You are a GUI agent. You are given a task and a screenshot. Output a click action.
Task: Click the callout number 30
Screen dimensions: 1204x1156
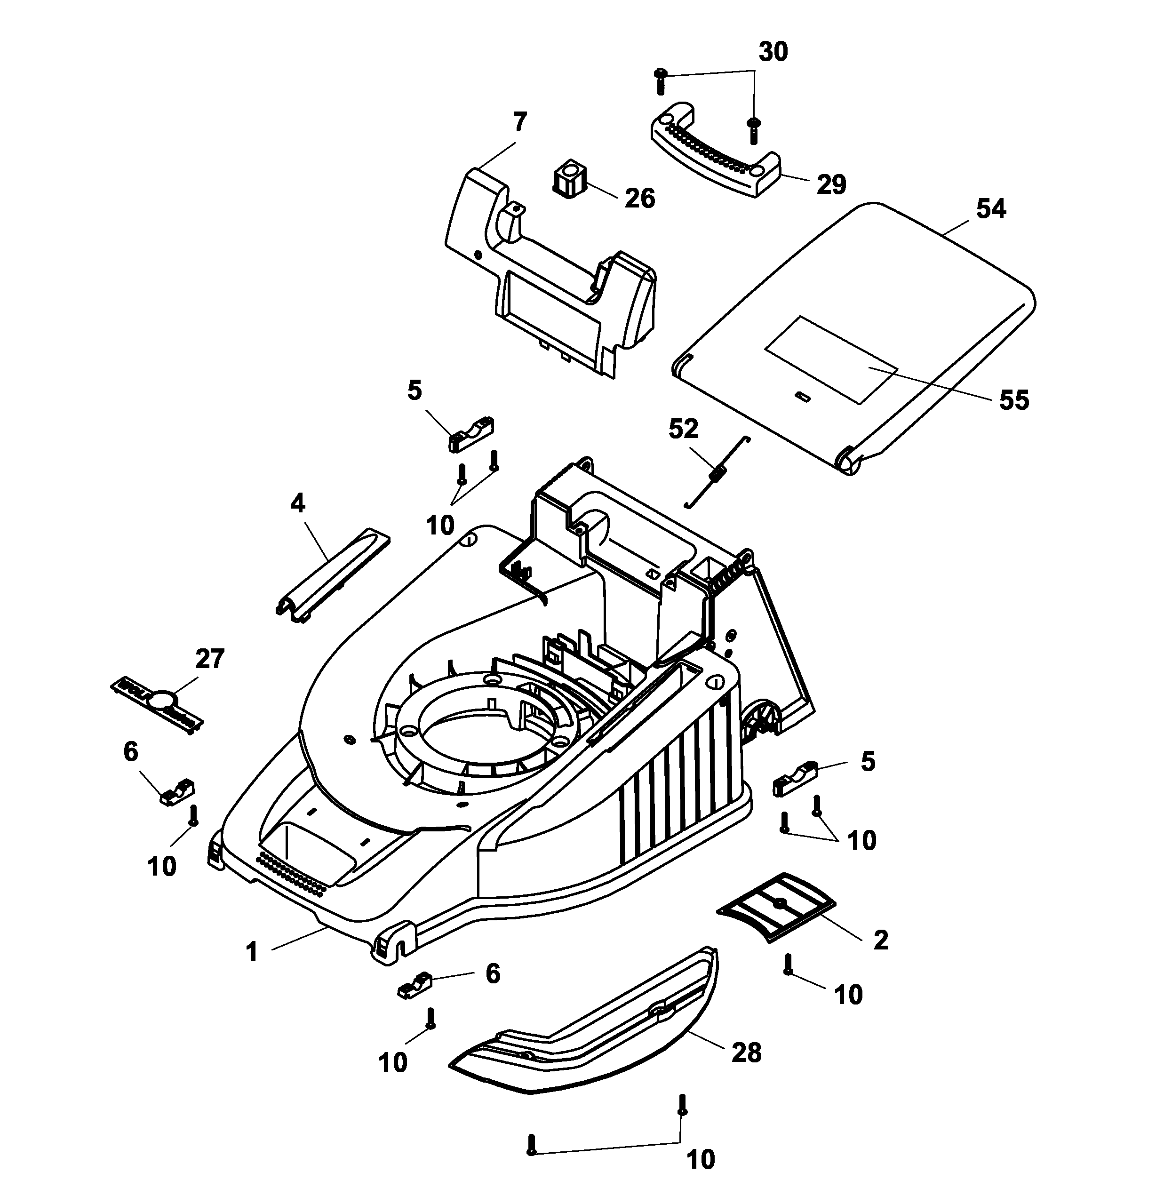773,52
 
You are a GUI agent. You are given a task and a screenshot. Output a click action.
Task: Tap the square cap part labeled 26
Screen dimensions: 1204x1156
571,179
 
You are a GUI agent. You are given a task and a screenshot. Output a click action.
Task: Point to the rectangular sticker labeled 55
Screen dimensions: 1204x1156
830,360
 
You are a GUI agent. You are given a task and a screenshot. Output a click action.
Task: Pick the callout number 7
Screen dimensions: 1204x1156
519,123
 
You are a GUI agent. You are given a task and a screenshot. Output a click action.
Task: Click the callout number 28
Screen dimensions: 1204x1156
746,1053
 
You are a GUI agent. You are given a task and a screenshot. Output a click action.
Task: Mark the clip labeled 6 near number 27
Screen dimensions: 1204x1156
177,792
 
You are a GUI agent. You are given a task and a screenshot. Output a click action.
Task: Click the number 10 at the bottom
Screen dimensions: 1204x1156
700,1159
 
